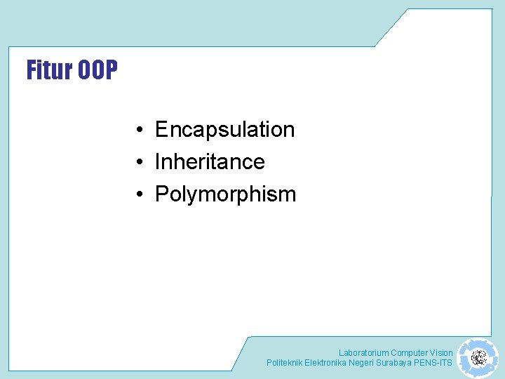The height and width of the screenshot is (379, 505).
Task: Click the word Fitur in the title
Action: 50,70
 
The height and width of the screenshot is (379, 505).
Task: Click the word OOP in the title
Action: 97,70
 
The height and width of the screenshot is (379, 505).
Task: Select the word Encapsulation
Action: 224,130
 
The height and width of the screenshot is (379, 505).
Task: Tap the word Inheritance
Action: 210,162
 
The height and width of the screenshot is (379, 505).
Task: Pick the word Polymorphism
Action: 225,194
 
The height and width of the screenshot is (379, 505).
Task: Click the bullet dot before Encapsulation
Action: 141,131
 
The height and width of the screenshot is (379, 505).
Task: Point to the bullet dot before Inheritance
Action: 141,163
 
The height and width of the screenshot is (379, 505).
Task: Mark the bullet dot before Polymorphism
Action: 141,195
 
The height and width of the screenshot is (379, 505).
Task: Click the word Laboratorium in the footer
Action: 363,353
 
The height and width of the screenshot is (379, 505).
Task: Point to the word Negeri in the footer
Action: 361,363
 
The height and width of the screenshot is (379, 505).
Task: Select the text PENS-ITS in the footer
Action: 433,363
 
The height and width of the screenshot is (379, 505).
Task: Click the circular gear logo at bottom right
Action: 478,358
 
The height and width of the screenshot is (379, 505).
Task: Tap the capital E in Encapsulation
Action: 161,130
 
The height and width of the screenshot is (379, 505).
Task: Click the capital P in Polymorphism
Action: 161,194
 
